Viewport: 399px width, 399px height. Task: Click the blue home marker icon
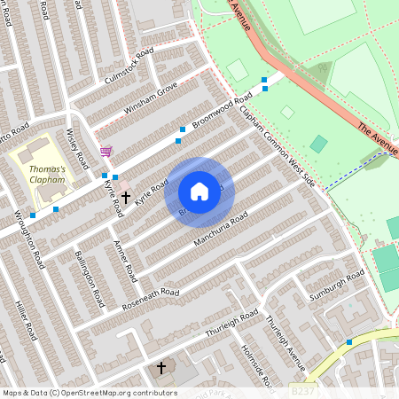point(199,192)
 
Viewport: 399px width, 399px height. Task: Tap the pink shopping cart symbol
point(106,152)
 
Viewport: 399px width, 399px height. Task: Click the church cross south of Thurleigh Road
point(161,366)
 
